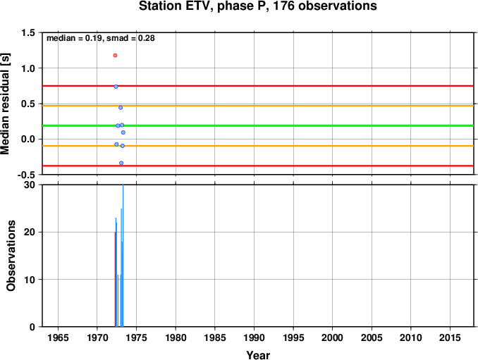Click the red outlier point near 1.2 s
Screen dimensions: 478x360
115,56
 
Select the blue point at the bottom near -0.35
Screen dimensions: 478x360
121,163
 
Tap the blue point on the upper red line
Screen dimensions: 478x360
116,87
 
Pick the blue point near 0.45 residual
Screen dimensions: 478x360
121,108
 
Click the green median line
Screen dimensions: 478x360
258,126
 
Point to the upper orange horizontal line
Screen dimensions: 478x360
258,106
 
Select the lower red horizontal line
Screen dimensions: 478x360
258,166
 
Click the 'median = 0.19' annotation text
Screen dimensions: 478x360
73,38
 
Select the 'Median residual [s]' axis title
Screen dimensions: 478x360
5,104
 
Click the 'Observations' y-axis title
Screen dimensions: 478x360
11,256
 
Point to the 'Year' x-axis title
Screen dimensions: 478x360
258,355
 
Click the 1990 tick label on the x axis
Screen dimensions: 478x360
255,337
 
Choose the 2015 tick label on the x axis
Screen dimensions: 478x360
450,337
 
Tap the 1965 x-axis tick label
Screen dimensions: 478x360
58,337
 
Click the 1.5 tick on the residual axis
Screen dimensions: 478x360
28,32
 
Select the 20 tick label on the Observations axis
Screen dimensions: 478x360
30,232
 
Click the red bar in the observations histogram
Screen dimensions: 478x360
115,279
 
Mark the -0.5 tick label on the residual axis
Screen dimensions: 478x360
26,175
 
